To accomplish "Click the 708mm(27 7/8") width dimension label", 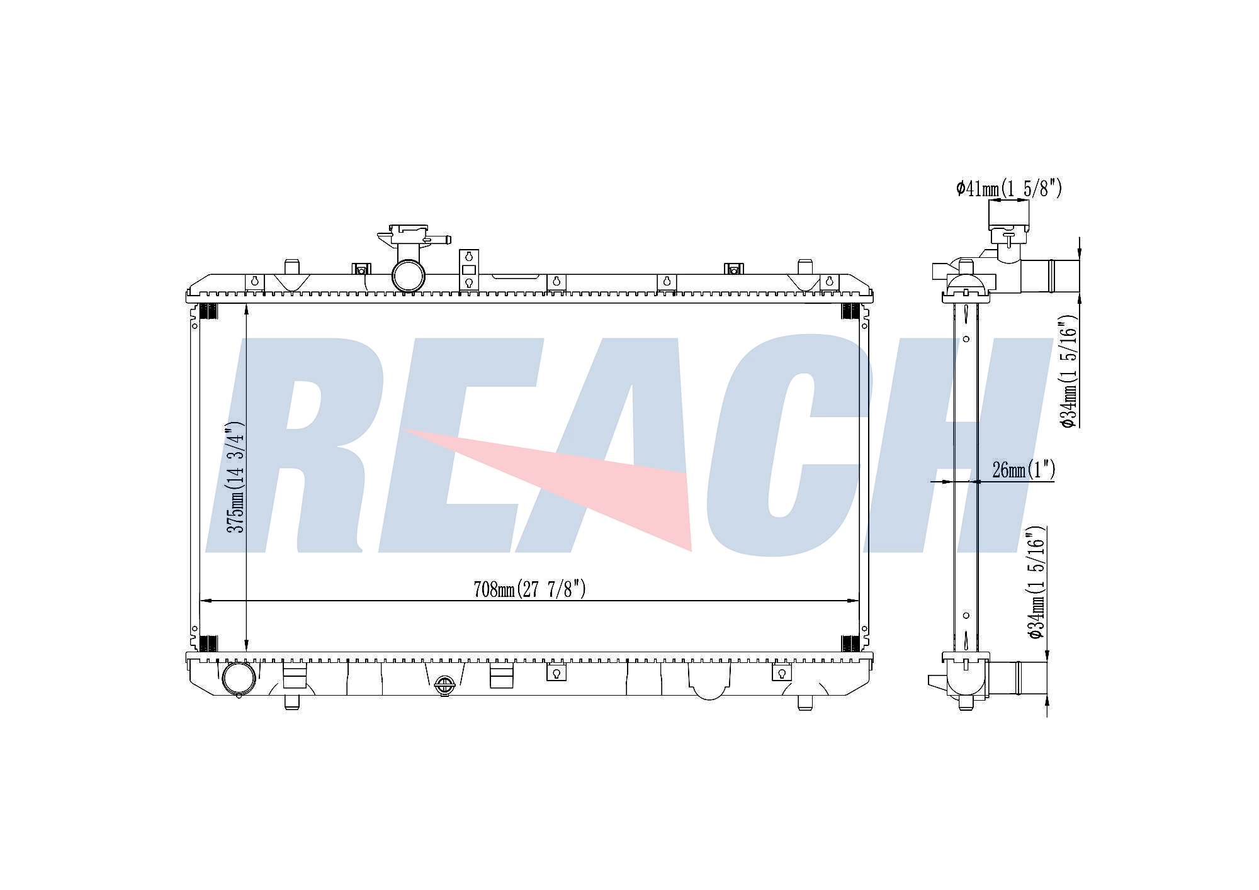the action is click(529, 589).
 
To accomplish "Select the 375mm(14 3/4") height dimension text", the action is click(235, 477).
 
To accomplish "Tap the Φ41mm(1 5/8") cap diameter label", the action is click(1009, 188).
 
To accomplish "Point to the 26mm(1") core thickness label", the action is click(1024, 469).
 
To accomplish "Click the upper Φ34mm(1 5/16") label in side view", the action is click(1070, 371).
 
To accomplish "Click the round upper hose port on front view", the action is click(408, 275).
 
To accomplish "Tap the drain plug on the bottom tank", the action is click(444, 686).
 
